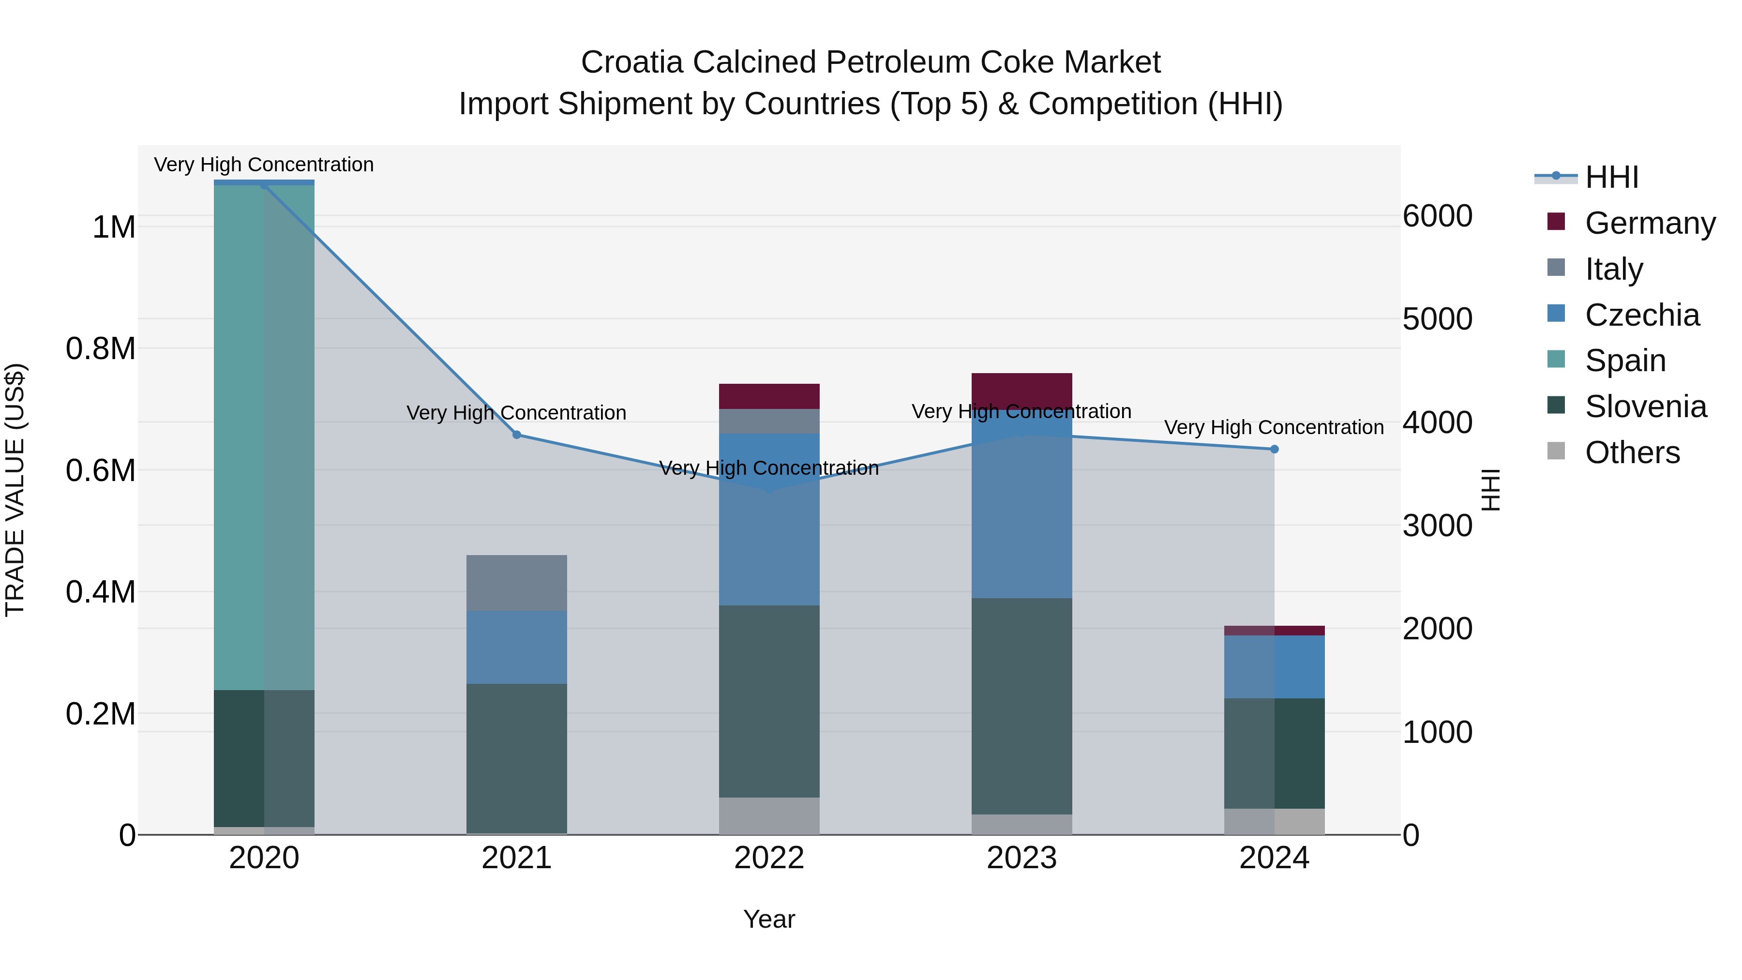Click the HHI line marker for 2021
click(517, 435)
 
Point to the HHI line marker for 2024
click(1274, 449)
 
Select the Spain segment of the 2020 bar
click(264, 436)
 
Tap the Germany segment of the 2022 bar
click(769, 396)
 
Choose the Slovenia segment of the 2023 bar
click(1022, 706)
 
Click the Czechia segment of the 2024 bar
click(1274, 666)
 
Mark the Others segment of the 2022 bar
click(769, 815)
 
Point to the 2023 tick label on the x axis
click(1022, 858)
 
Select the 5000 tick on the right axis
click(1437, 319)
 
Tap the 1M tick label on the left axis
click(114, 227)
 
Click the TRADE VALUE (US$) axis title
click(15, 490)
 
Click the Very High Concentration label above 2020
click(264, 165)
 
